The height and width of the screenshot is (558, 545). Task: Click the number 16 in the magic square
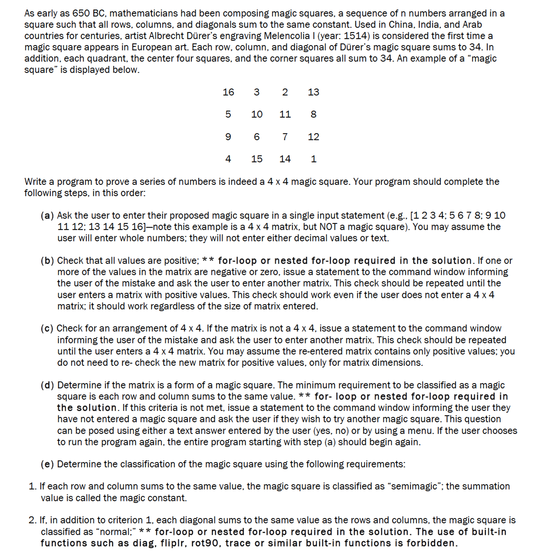click(228, 92)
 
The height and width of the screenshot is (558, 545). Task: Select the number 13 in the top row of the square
click(313, 92)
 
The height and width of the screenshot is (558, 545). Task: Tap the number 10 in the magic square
click(256, 115)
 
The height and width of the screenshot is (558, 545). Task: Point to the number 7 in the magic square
click(285, 137)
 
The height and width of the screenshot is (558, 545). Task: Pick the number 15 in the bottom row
click(256, 159)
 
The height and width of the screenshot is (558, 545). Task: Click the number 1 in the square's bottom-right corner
click(313, 159)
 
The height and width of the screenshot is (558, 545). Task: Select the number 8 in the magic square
click(313, 115)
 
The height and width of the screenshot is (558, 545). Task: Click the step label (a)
click(47, 215)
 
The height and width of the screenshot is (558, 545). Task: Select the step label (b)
click(47, 261)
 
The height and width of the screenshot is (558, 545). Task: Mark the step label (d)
click(47, 385)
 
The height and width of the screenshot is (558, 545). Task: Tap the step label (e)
click(47, 464)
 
